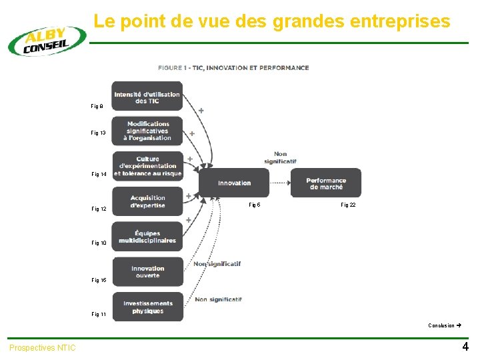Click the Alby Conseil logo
[47, 41]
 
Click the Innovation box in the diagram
[234, 183]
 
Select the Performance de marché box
[326, 183]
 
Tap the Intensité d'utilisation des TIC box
[147, 97]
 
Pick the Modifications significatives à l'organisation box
[147, 131]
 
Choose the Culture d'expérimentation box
[147, 166]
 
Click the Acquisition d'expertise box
[147, 201]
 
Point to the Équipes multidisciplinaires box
[147, 237]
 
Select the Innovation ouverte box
[147, 272]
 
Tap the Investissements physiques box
[147, 307]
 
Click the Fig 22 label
[348, 205]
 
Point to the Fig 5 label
[254, 205]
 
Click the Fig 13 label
[98, 133]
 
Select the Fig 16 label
[98, 281]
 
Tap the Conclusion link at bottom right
[444, 326]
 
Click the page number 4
[465, 347]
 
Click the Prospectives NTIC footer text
[43, 348]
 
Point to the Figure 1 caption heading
[233, 68]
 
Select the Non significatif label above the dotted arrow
[280, 157]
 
